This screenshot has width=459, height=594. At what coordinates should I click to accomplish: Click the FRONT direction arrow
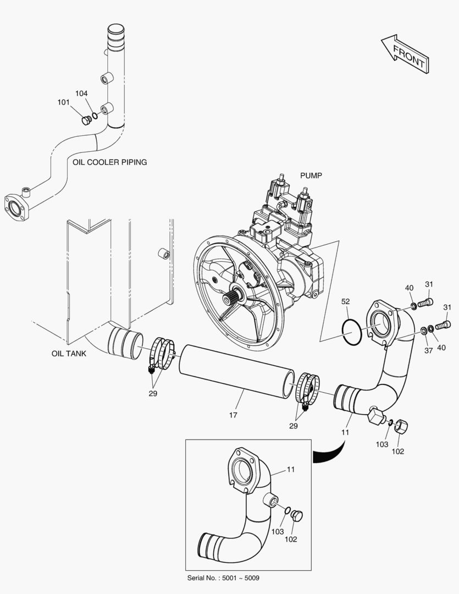405,54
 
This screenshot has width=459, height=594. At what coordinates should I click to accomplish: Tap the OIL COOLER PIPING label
110,162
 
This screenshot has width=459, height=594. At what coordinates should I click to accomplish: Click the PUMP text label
311,175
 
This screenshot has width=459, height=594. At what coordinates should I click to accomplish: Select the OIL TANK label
69,354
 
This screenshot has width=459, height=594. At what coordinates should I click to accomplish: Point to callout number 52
345,301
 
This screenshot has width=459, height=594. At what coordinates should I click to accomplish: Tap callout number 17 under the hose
233,415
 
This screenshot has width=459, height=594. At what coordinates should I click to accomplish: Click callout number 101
63,102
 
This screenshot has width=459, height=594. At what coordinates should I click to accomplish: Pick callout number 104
81,93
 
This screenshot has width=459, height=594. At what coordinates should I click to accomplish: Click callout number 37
428,350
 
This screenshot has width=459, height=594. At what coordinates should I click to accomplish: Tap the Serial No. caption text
223,577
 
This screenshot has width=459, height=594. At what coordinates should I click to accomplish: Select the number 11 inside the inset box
290,469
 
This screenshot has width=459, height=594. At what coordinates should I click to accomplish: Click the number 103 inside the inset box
278,531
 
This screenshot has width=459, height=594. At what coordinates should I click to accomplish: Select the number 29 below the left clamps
153,394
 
